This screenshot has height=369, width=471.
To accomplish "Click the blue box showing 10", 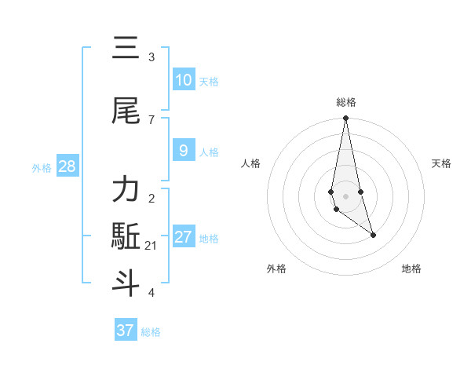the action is click(184, 80).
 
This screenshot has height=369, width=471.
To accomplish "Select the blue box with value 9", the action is click(184, 151).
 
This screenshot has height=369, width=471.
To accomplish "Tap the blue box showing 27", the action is click(184, 237).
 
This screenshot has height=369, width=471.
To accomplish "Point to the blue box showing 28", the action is click(67, 166).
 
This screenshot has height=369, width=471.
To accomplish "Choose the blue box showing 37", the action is click(126, 331).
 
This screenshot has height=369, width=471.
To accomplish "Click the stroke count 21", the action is click(152, 246).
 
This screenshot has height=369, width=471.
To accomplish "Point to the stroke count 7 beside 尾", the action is click(152, 119).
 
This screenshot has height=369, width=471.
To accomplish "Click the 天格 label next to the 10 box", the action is click(209, 82).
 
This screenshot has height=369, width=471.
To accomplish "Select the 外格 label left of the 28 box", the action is click(42, 168).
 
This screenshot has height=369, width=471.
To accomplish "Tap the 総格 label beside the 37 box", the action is click(151, 332).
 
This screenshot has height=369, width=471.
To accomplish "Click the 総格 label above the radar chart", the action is click(345, 102).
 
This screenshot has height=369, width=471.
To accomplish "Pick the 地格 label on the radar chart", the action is click(411, 269).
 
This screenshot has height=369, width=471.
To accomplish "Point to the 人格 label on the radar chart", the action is click(251, 163).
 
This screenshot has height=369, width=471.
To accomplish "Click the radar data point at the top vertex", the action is click(345, 119).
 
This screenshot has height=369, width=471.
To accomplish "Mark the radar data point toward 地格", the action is click(373, 235).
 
